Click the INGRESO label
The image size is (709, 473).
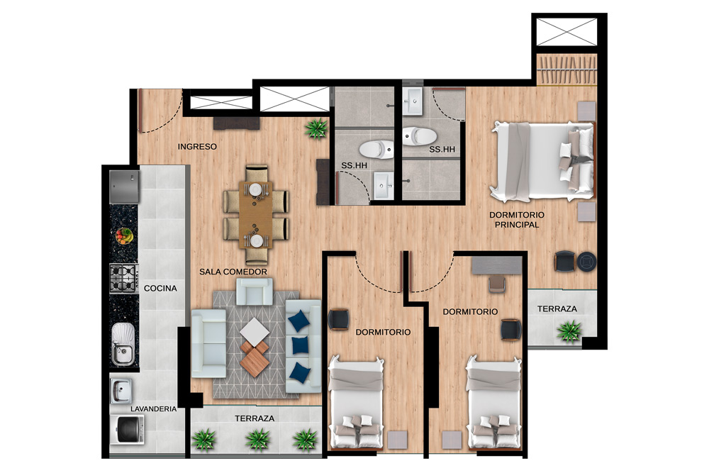(x=197, y=147)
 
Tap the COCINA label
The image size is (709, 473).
(x=160, y=288)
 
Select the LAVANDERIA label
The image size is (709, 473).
(x=153, y=408)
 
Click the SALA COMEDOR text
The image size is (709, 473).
(x=233, y=272)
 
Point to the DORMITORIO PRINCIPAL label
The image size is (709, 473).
(x=517, y=220)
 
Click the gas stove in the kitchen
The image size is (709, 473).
(x=123, y=278)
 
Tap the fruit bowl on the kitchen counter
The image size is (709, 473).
(x=124, y=235)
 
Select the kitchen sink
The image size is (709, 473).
(x=123, y=344)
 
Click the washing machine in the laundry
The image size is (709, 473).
(x=128, y=429)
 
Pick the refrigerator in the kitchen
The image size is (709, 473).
(x=124, y=187)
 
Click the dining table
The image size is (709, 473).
(x=256, y=214)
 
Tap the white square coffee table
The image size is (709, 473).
(x=255, y=332)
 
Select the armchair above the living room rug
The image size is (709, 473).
(x=254, y=291)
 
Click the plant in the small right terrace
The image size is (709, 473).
(x=569, y=331)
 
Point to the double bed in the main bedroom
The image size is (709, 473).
(x=542, y=162)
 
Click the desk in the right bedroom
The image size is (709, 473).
(x=496, y=265)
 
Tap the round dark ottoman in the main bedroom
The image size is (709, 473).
(x=586, y=262)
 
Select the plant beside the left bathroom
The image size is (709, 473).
(x=316, y=128)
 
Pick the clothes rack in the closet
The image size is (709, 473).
(x=567, y=69)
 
